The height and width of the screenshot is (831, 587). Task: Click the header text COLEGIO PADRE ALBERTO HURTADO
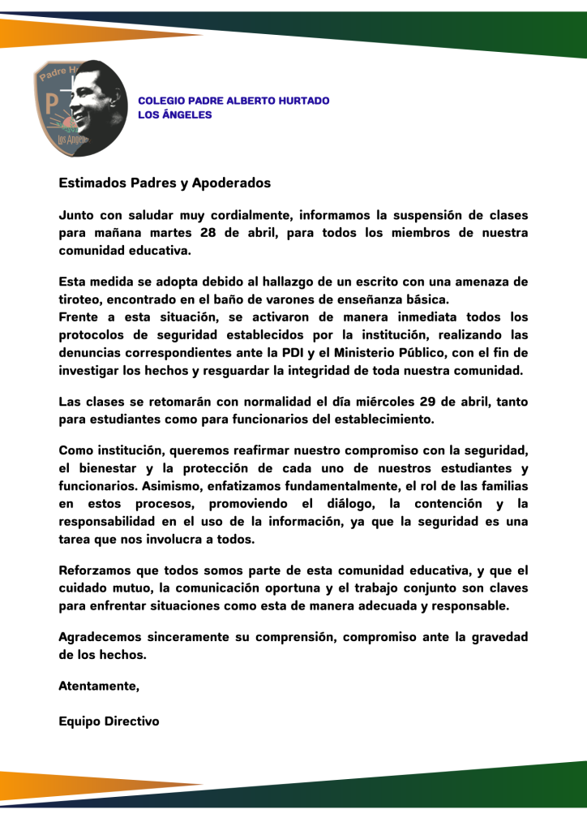click(x=234, y=101)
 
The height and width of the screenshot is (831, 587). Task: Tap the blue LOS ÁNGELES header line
click(x=175, y=114)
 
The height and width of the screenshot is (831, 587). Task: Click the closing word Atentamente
click(x=99, y=687)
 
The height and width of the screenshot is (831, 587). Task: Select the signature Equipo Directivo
click(x=109, y=721)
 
